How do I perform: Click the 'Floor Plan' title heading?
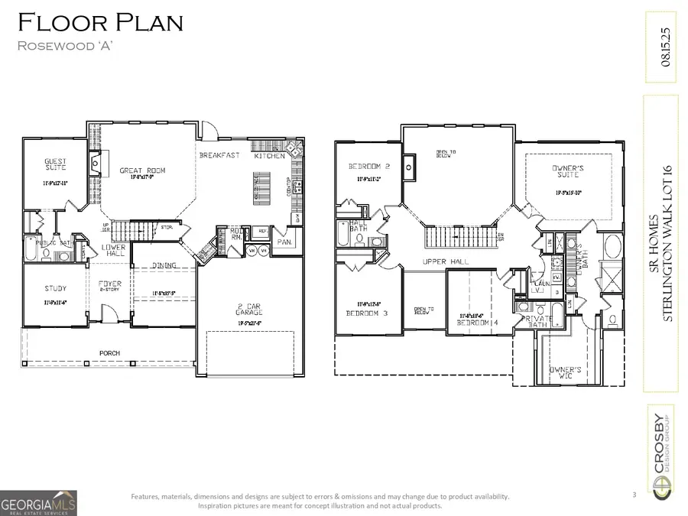point(101,23)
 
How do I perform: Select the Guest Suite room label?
point(55,164)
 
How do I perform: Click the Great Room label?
point(142,170)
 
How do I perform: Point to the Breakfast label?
point(219,156)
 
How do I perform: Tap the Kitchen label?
point(269,156)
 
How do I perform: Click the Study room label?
point(55,289)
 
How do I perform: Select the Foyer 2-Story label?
point(110,287)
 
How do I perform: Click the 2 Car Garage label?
point(249,310)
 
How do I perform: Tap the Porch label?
point(109,353)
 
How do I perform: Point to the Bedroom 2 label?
point(369,167)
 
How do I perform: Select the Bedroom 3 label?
point(367,313)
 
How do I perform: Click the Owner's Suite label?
point(570,170)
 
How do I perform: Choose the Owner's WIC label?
point(566,372)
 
